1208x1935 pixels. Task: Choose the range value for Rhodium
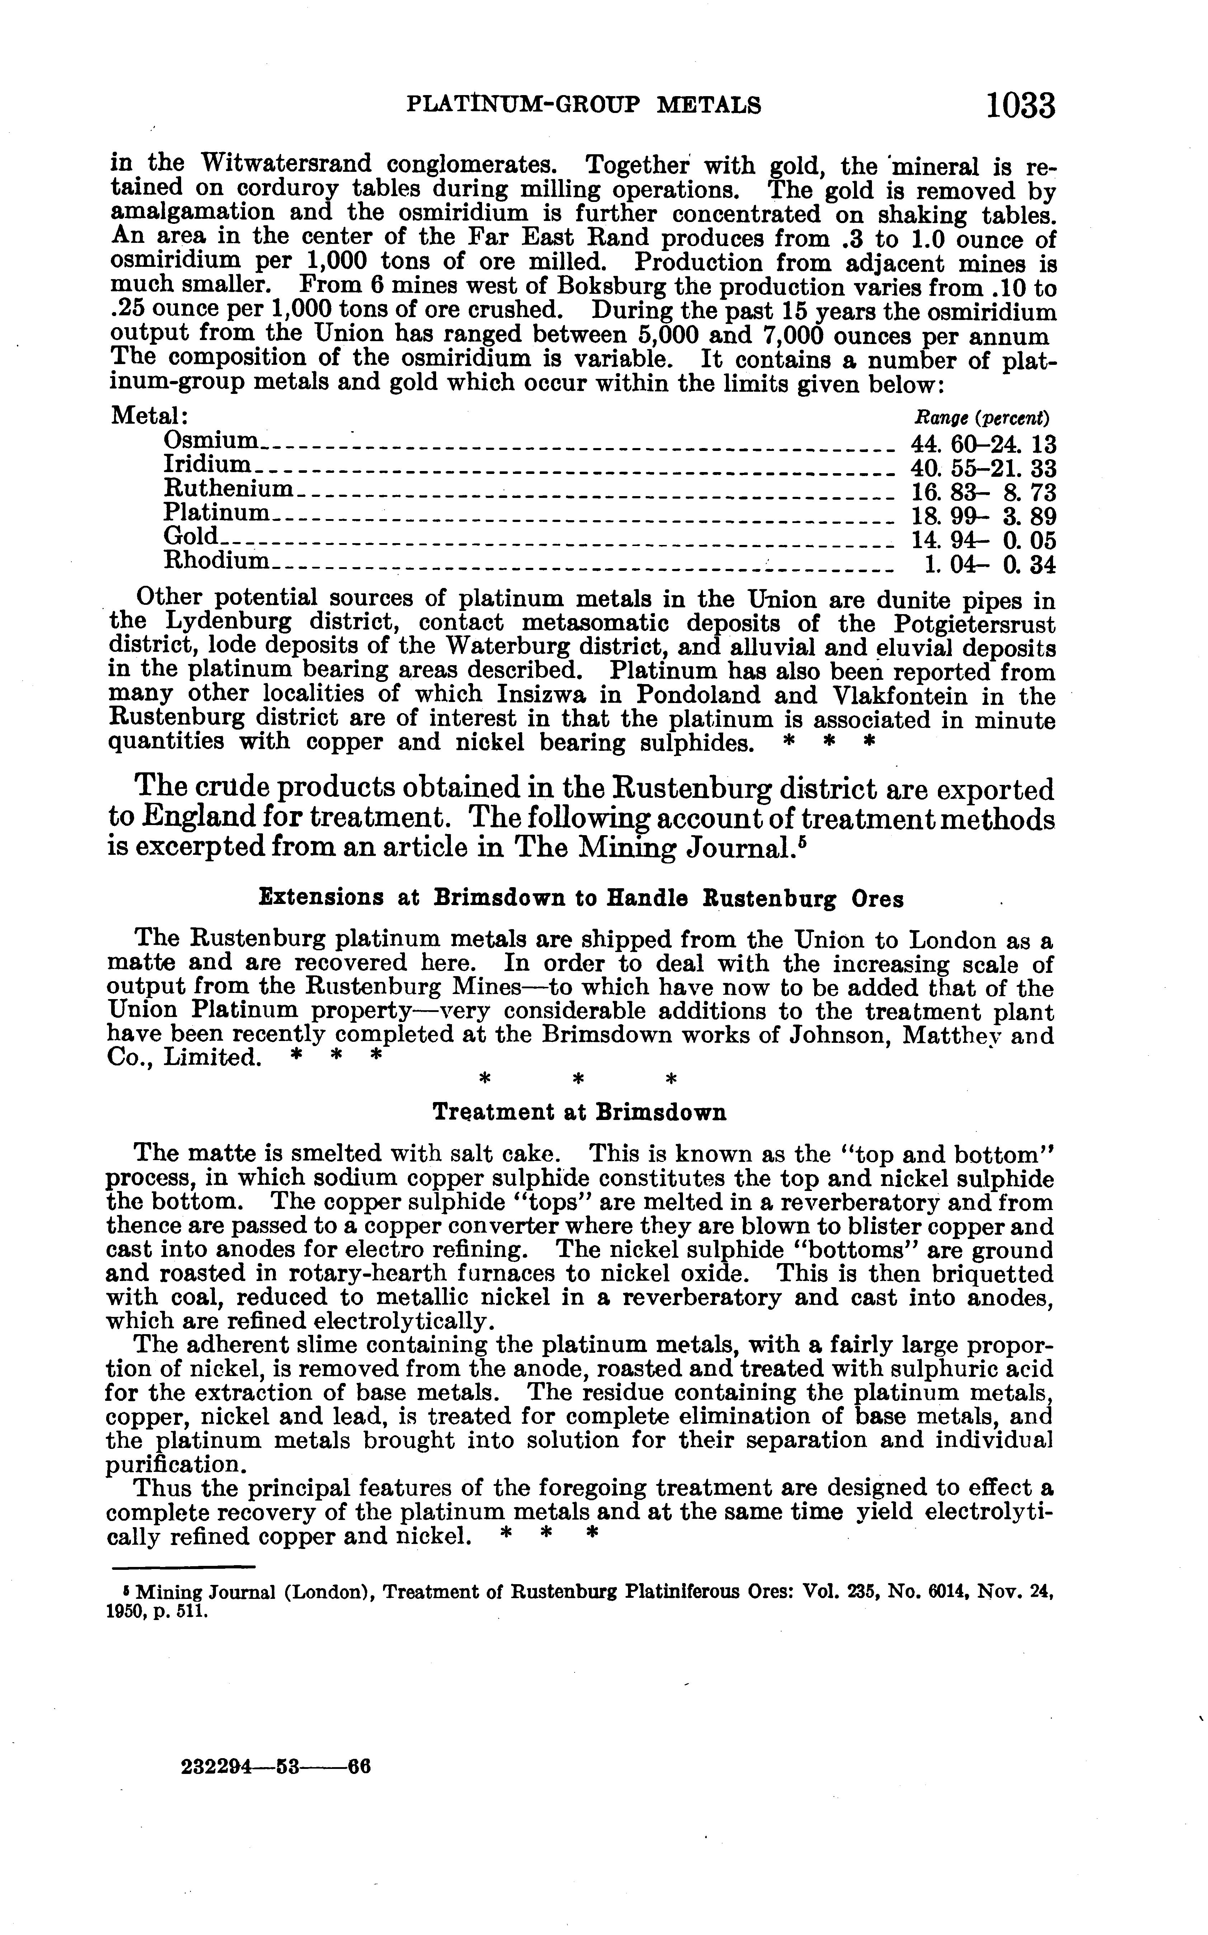click(x=989, y=565)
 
